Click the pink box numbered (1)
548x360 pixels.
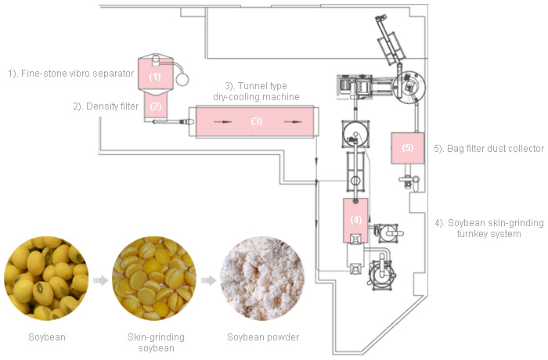(155, 77)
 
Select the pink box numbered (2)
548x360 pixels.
(155, 106)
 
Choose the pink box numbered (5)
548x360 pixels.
(406, 147)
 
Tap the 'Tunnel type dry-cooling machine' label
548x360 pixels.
(257, 92)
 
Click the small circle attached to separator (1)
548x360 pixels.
(183, 77)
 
